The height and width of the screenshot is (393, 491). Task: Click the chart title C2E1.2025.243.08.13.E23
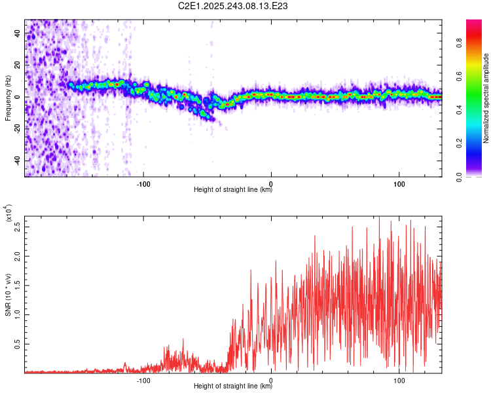point(234,6)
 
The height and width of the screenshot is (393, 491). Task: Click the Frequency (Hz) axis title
point(8,98)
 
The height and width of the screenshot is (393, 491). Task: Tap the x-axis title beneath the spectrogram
point(233,190)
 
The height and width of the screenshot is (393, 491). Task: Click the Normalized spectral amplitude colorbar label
point(486,98)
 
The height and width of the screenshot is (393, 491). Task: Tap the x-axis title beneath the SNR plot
point(233,386)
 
